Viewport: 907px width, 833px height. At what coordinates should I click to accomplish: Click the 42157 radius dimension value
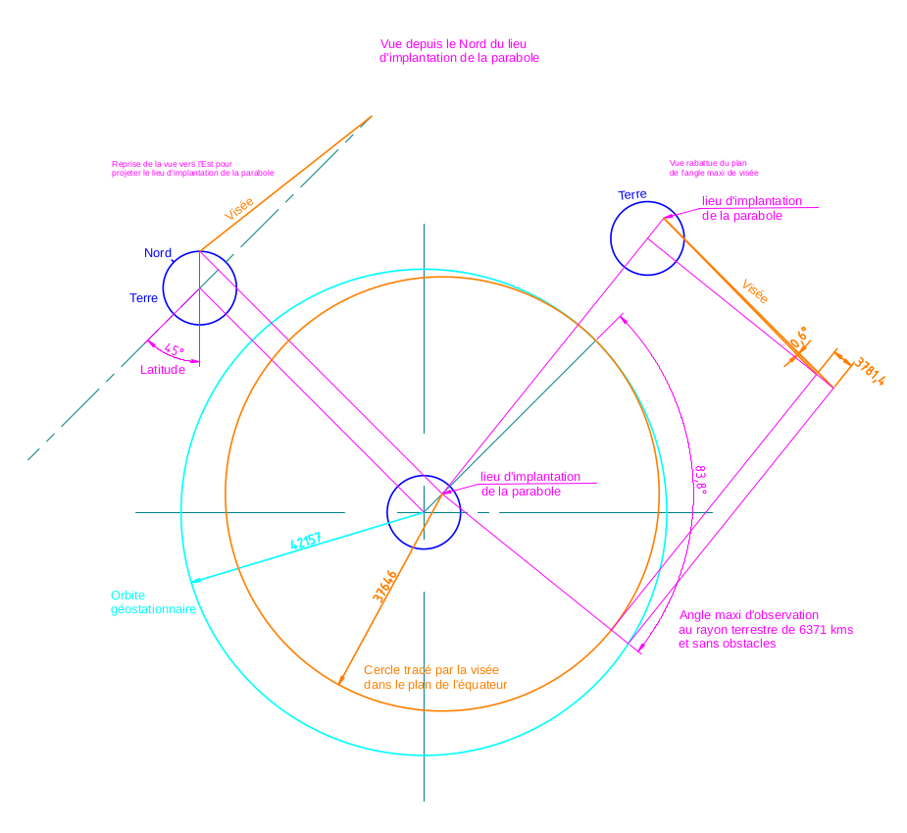pos(306,542)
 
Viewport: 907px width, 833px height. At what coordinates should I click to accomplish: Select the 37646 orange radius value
pos(384,586)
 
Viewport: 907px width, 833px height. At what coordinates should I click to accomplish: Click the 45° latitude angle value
pos(175,349)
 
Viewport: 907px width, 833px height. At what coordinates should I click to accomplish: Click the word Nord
pos(158,253)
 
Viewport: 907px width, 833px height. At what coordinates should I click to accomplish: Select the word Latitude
pos(163,370)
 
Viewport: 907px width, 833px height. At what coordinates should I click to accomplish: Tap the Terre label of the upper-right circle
pos(632,195)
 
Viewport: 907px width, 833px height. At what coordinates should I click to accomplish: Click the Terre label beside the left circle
pos(143,298)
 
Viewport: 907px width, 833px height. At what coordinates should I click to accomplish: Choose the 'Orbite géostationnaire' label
pos(153,602)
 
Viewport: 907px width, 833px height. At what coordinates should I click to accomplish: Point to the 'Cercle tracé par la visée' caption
pos(435,677)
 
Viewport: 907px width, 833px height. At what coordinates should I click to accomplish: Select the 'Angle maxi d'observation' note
pos(766,629)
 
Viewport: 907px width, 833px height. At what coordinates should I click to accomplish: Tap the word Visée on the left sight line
pos(239,208)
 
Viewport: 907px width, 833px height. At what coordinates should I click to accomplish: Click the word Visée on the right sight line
pos(754,292)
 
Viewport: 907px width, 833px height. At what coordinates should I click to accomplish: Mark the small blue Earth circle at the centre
pos(424,512)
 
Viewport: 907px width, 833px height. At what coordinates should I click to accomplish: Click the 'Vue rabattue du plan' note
pos(714,168)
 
